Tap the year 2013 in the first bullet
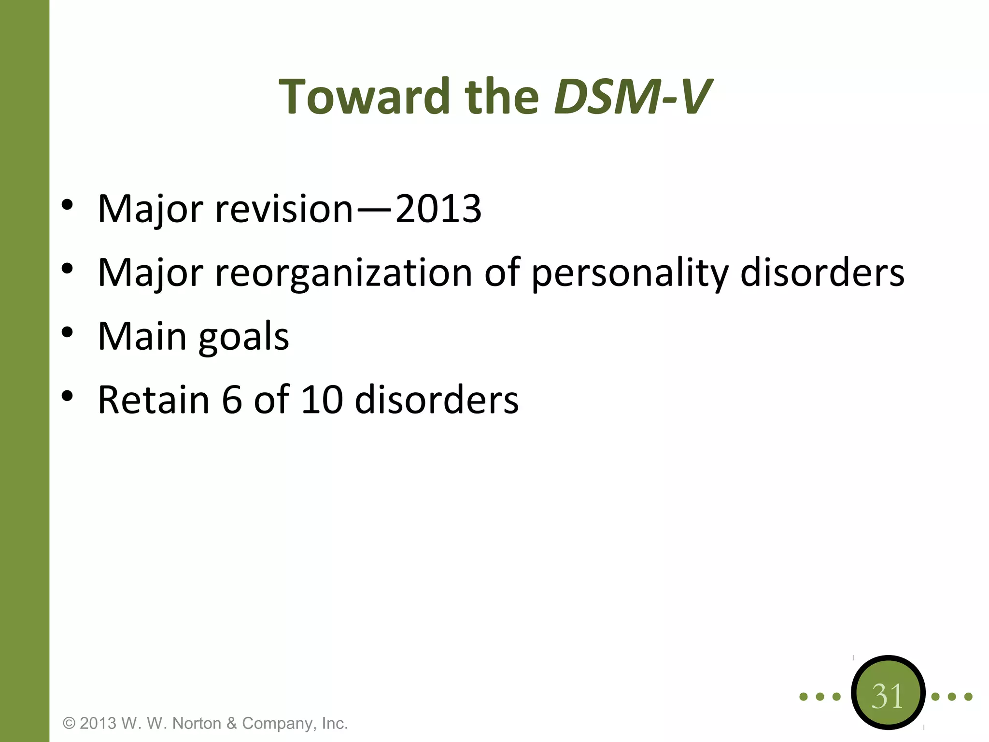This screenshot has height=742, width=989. pos(438,209)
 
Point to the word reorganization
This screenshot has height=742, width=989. pos(343,273)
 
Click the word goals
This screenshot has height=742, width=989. pos(244,337)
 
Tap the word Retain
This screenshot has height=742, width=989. pos(154,400)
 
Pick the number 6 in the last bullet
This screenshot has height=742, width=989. pos(232,400)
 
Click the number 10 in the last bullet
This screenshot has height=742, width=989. pos(322,400)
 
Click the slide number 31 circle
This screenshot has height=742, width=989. pos(888,696)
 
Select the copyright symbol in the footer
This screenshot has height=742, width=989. pos(70,723)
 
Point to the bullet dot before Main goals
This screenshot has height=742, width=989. pos(67,332)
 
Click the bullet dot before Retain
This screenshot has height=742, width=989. pos(67,396)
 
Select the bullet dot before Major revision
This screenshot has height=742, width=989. pos(67,205)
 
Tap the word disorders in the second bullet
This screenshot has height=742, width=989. pos(822,273)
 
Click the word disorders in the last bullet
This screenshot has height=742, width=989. pos(437,400)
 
